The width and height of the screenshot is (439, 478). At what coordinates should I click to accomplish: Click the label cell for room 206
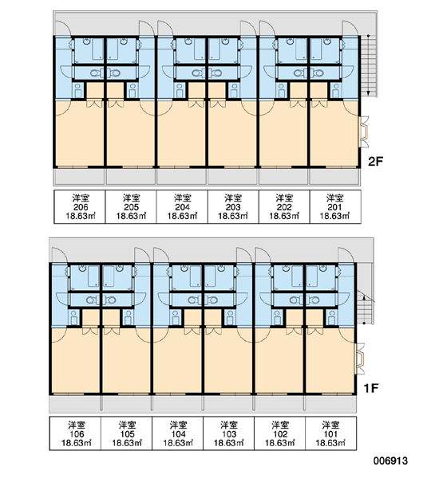(80, 206)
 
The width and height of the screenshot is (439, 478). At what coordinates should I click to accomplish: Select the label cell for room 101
(331, 433)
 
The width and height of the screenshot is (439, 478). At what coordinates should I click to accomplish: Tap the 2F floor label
(375, 161)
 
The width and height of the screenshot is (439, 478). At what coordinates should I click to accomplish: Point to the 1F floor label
(371, 388)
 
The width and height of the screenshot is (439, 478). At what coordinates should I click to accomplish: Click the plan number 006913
(390, 460)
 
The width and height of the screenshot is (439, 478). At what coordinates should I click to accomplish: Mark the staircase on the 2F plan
(370, 66)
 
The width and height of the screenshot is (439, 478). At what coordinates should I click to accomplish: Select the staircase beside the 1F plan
(365, 308)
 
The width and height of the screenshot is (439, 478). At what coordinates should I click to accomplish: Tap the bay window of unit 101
(360, 358)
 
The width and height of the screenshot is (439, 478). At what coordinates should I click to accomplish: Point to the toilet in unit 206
(95, 72)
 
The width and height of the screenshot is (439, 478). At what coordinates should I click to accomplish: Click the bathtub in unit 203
(214, 49)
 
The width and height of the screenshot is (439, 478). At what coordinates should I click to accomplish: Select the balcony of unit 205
(131, 177)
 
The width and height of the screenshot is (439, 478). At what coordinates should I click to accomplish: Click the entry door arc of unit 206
(63, 28)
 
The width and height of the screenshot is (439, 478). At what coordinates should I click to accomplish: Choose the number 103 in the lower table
(229, 434)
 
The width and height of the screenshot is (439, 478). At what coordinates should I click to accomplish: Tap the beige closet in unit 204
(196, 91)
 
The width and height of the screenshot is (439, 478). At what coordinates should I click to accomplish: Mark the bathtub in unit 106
(93, 276)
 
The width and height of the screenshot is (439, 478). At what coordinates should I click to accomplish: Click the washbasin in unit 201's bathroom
(327, 41)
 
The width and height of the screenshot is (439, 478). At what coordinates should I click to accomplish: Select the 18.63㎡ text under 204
(182, 216)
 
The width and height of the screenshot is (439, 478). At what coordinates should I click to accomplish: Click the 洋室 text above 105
(127, 425)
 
